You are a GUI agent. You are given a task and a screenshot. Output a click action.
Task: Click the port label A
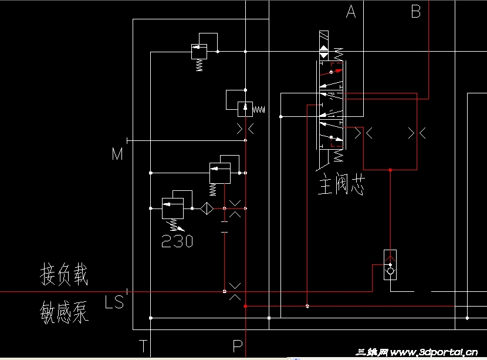351,12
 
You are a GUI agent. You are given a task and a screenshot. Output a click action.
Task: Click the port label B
415,12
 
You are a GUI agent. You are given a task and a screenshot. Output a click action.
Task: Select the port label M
118,154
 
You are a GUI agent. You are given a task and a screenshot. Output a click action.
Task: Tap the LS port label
114,302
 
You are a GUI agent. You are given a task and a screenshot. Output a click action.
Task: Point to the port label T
143,345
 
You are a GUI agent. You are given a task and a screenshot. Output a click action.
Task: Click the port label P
238,345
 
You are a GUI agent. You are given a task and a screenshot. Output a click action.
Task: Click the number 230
177,241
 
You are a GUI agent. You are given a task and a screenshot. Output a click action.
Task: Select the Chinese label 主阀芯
342,184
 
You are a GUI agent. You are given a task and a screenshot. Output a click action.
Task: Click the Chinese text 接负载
64,275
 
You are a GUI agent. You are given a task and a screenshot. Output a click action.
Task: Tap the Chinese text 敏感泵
64,312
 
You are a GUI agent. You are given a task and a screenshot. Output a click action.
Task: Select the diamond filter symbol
206,208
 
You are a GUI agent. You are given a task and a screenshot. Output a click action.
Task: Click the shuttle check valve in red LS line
390,264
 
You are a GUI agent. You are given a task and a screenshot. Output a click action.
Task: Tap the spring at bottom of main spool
338,156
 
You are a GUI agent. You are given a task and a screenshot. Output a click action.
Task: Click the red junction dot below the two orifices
390,170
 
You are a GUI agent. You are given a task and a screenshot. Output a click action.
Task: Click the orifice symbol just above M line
245,129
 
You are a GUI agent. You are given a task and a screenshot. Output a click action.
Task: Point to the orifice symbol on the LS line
235,291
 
